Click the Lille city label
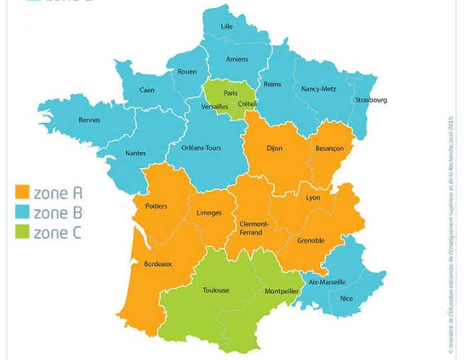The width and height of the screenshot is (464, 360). [228, 27]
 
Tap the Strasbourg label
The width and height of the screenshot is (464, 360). [371, 100]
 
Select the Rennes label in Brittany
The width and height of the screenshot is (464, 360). [89, 120]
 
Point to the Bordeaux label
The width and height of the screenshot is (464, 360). [158, 264]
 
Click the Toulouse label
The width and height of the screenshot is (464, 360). [215, 290]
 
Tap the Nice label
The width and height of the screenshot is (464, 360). [347, 299]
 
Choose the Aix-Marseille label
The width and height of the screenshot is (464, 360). [327, 282]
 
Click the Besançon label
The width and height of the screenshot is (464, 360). [329, 149]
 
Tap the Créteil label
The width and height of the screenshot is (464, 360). [247, 103]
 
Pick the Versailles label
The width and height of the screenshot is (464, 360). [214, 107]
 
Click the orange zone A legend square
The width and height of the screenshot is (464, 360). [22, 193]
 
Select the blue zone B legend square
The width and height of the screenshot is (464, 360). [22, 213]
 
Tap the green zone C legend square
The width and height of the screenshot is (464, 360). [22, 233]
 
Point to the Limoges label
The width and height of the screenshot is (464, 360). [209, 212]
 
